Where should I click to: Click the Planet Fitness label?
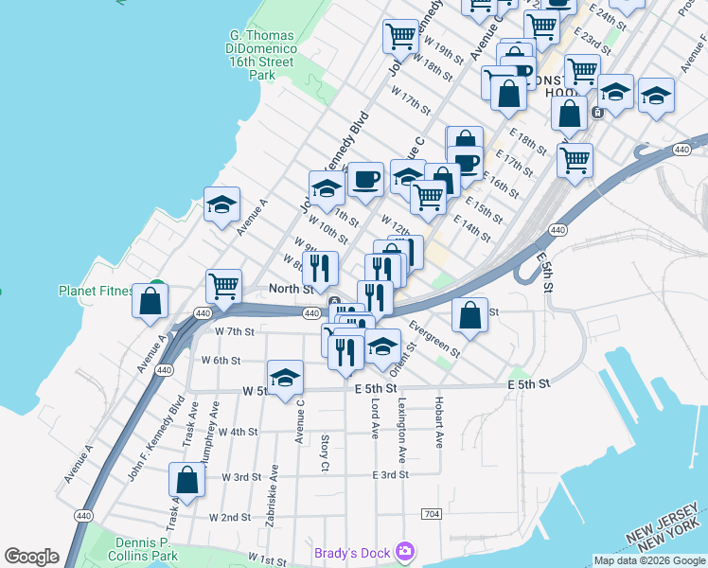tap(95, 291)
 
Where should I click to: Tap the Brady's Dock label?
tap(353, 551)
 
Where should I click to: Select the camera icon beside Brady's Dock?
tap(406, 550)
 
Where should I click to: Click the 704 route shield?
tap(432, 513)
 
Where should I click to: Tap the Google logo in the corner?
tap(31, 557)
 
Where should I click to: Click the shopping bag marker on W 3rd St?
tap(187, 479)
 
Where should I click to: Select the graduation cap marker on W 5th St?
tap(285, 378)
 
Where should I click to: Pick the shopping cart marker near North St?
tap(224, 285)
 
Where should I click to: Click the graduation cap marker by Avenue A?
tap(222, 204)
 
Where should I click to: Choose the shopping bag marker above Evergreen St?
tap(469, 315)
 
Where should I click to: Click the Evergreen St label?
tap(434, 339)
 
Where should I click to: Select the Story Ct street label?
tap(325, 453)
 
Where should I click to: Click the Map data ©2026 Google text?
tap(649, 560)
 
